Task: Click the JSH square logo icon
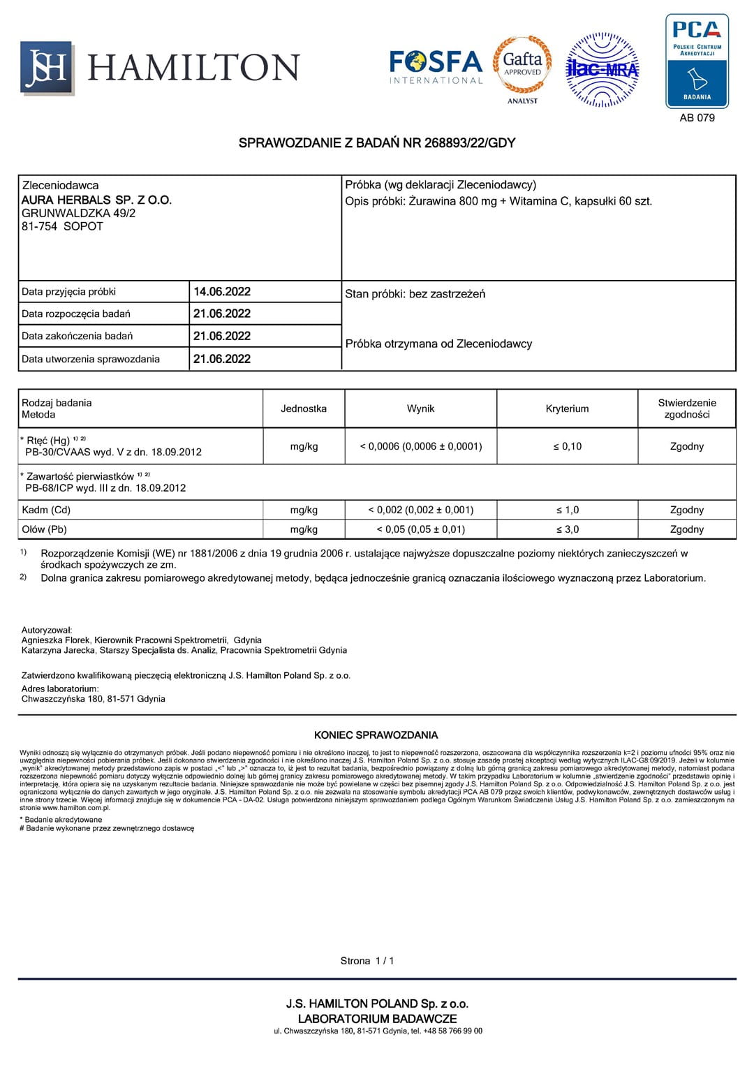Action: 47,68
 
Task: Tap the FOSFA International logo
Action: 436,67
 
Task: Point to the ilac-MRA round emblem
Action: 602,69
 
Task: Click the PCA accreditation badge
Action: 697,61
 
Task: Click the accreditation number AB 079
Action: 697,118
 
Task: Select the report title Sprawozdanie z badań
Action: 377,143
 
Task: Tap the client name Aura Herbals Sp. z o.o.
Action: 96,200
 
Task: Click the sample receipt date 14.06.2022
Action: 222,292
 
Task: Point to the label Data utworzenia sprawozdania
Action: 91,359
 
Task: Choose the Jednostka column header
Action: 304,409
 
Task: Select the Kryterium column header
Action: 567,409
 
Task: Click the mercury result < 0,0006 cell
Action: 421,446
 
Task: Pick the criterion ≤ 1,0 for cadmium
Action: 567,510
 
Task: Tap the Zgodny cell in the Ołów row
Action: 686,529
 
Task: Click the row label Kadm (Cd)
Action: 46,510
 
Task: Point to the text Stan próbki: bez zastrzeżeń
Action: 415,294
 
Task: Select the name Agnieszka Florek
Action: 56,640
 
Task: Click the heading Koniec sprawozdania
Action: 376,735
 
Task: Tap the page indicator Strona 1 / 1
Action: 367,961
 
